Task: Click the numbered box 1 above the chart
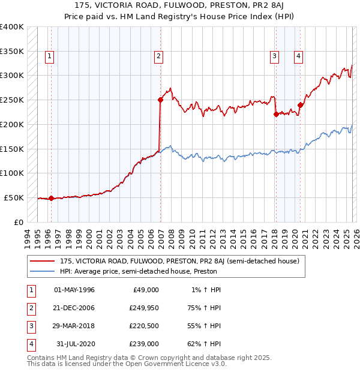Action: point(49,57)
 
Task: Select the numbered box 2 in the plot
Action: point(158,57)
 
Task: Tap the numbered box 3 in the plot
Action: point(274,57)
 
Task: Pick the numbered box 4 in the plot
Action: point(298,57)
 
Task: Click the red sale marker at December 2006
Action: point(161,100)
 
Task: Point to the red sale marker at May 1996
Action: point(51,198)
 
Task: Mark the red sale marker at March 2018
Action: point(276,114)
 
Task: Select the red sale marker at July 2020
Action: point(300,105)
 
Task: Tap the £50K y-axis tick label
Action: point(14,197)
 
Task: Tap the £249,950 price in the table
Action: point(144,307)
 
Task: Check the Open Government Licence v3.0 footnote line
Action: point(127,364)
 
